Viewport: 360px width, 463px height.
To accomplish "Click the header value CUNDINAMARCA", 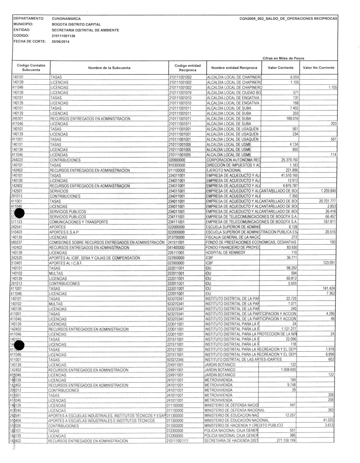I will [x=66, y=19].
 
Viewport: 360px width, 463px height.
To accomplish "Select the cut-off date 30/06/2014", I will [x=61, y=42].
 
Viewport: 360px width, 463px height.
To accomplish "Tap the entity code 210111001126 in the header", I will [x=64, y=36].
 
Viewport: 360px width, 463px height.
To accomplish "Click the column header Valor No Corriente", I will [x=319, y=68].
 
